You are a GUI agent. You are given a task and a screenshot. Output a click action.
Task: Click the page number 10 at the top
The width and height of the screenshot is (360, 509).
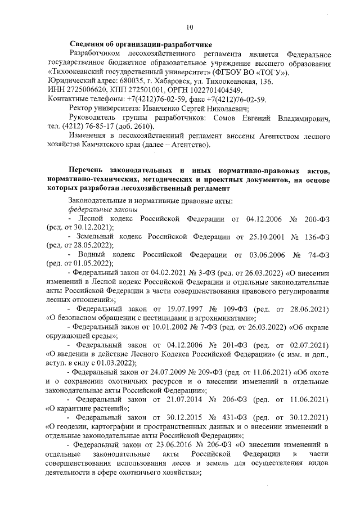pos(189,26)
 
